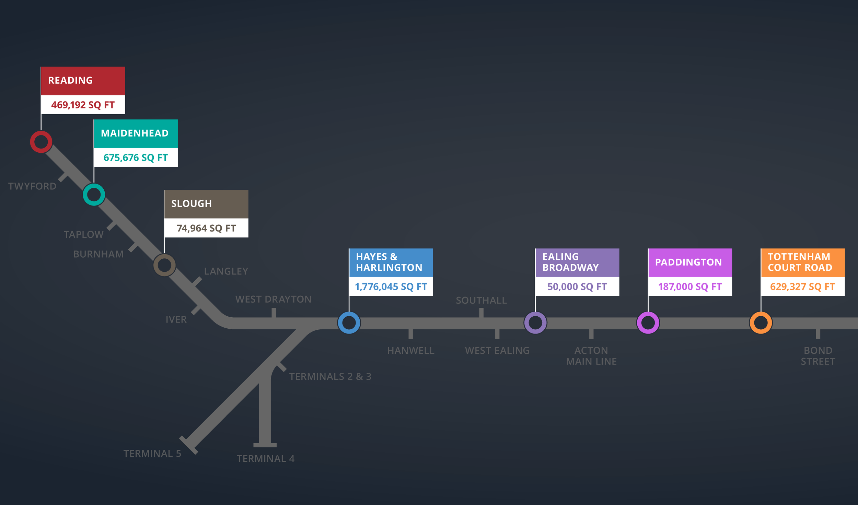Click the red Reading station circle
[x=41, y=142]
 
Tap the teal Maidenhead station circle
[x=94, y=195]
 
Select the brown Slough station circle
[x=164, y=265]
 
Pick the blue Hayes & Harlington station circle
[x=349, y=322]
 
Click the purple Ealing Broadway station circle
[x=535, y=322]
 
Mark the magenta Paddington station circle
[x=648, y=322]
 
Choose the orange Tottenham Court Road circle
[x=761, y=322]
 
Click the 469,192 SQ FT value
[x=83, y=105]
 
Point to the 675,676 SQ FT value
[x=136, y=158]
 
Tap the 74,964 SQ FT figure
[x=206, y=228]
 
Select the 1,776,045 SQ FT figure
[x=391, y=287]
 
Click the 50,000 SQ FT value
[x=577, y=287]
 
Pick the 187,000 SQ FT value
[x=690, y=287]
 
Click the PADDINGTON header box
[x=690, y=262]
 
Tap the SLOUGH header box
[x=206, y=204]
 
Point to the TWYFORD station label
[x=32, y=186]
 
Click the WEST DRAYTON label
[x=274, y=300]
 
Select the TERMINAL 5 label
[x=152, y=454]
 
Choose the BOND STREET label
[x=818, y=356]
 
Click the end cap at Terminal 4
[x=265, y=445]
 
